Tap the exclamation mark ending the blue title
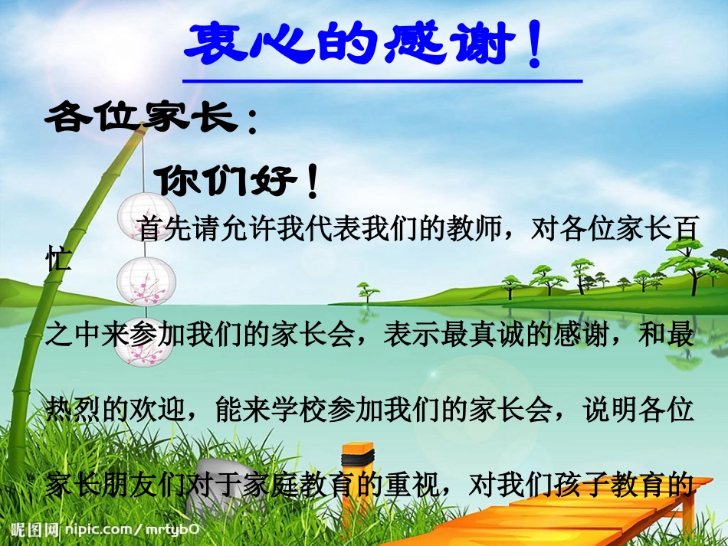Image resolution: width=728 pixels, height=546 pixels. point(534,46)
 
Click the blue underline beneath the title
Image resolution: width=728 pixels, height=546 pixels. point(382,80)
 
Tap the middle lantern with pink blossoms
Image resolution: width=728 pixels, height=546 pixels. point(144,280)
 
